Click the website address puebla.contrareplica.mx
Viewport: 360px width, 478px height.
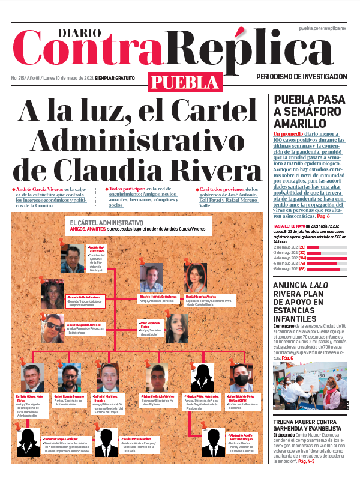coord(323,29)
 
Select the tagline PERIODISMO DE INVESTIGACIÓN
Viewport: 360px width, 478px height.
coord(301,77)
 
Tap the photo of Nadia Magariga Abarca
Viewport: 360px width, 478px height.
coord(196,277)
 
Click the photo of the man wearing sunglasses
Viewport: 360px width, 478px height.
coord(52,328)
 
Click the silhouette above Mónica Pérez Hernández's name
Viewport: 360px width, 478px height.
coord(202,378)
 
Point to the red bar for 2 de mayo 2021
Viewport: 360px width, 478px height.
coord(314,247)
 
